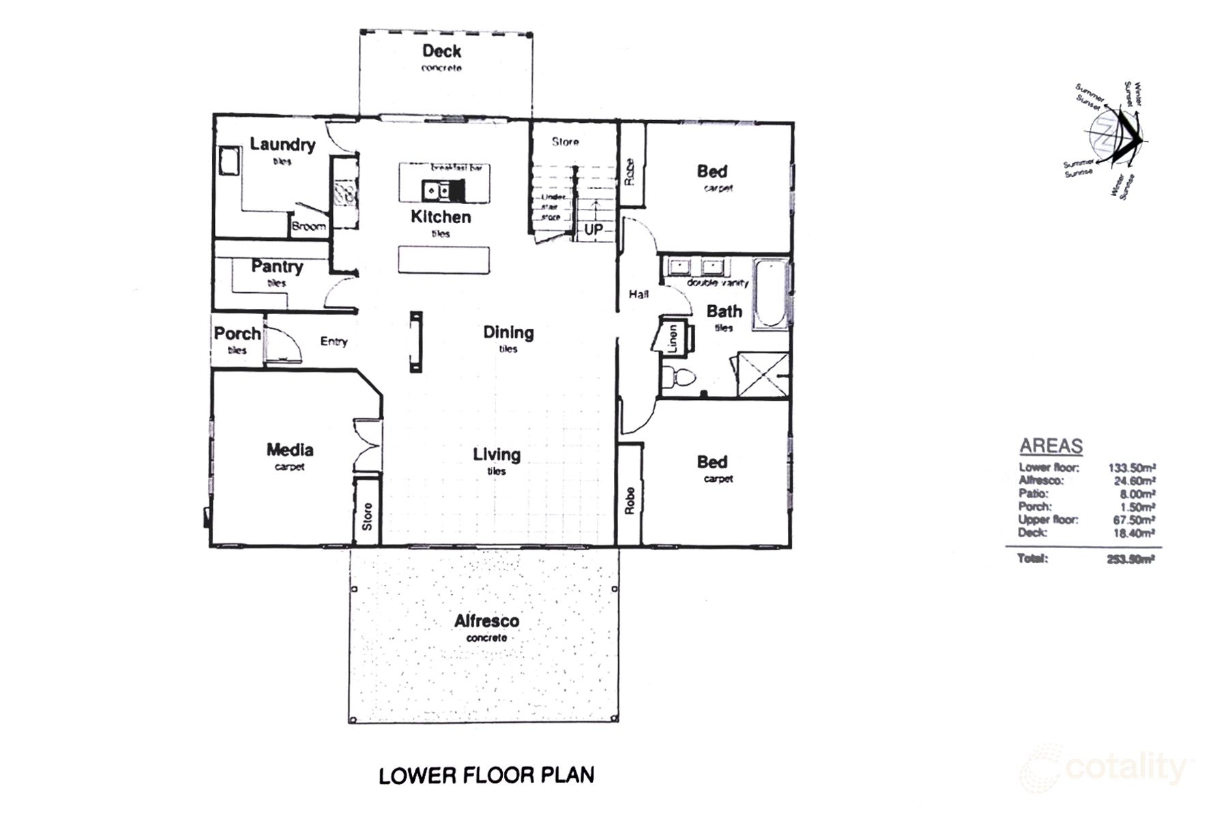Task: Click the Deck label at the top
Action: [441, 51]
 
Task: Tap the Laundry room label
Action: [282, 144]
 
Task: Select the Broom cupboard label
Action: [308, 226]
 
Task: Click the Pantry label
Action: [277, 266]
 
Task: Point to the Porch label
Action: [237, 334]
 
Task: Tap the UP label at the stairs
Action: [593, 229]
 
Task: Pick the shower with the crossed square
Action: [763, 375]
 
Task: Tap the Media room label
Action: [290, 450]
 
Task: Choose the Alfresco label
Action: [486, 621]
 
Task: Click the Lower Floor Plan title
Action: [486, 775]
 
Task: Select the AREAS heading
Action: [1051, 446]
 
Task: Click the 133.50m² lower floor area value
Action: [1131, 468]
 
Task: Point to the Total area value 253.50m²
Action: [1130, 559]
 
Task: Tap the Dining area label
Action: [508, 332]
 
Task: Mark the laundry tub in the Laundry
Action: [227, 162]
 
